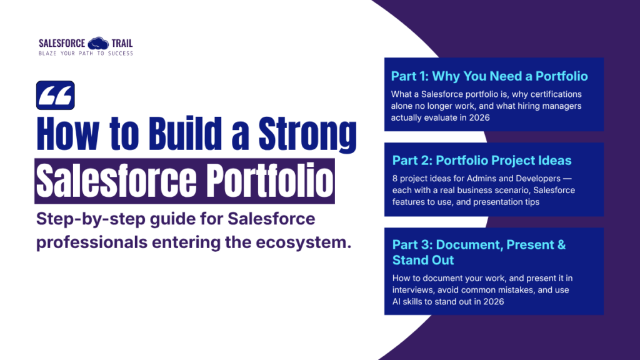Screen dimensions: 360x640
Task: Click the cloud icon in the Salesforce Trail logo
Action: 97,43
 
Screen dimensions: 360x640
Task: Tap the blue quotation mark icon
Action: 56,96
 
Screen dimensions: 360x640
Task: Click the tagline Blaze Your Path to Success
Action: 86,53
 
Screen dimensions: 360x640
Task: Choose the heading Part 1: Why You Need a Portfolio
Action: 489,76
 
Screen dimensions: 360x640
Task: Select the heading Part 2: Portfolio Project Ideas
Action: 482,161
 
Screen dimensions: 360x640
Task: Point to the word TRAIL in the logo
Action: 122,43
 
